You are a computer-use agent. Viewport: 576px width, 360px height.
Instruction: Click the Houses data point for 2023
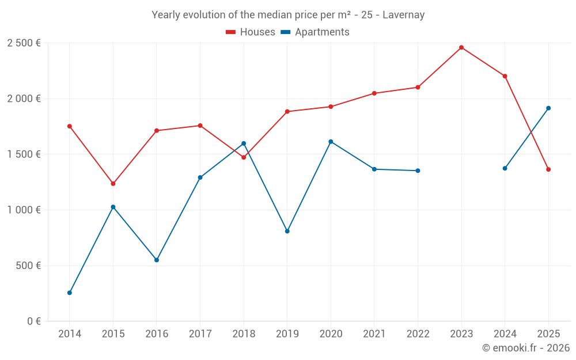(461, 47)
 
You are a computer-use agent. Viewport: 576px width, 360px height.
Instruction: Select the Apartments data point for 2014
(70, 293)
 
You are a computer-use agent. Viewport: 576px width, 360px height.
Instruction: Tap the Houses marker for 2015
(113, 184)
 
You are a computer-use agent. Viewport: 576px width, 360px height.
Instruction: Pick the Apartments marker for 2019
(287, 231)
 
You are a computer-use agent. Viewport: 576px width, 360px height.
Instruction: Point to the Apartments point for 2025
(548, 108)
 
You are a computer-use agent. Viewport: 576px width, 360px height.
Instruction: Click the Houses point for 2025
(548, 169)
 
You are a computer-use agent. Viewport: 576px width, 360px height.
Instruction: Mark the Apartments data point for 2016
(157, 260)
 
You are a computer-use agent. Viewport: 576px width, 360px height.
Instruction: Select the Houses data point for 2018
(244, 157)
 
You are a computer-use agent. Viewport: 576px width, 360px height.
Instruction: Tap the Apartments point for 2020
(331, 142)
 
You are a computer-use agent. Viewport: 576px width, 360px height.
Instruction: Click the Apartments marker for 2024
(505, 168)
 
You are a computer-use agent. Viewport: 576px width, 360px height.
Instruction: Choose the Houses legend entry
(251, 32)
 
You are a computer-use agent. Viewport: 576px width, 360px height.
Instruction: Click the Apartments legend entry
(315, 32)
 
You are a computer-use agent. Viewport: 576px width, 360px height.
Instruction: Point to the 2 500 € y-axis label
(24, 43)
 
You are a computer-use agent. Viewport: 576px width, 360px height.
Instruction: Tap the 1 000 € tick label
(24, 210)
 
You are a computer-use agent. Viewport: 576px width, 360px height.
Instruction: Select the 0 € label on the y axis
(32, 321)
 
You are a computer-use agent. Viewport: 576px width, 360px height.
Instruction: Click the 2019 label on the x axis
(287, 334)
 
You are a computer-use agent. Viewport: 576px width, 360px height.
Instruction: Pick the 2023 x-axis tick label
(461, 334)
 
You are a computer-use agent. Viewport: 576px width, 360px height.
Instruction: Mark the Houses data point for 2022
(418, 88)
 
